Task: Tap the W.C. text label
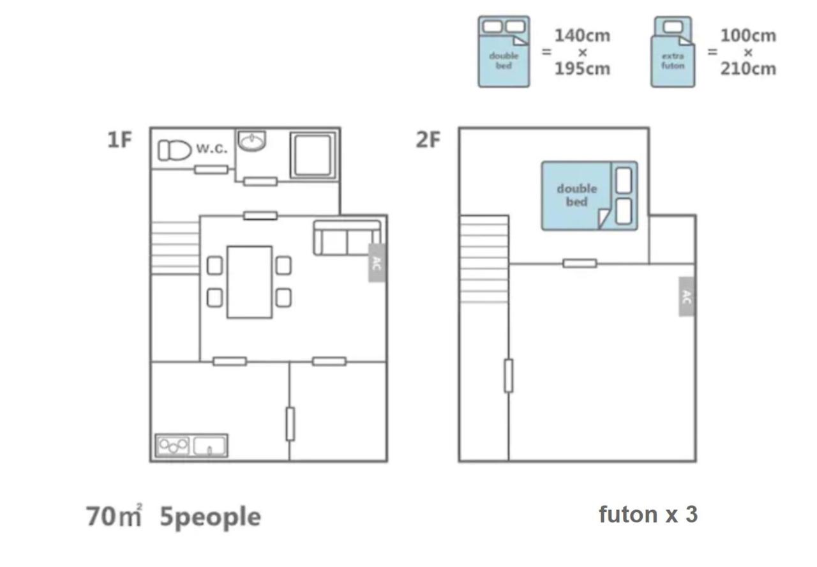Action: [x=211, y=149]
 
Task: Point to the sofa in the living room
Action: [x=347, y=238]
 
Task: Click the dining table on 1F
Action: [x=250, y=282]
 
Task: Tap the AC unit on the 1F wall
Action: [x=376, y=262]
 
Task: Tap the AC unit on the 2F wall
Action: [x=686, y=296]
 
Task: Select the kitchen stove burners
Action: [x=173, y=445]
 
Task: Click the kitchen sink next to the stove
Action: [x=210, y=445]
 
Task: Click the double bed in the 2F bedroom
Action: [x=589, y=195]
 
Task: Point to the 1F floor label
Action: [x=119, y=140]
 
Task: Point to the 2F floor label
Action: [x=428, y=140]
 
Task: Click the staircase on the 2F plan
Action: [x=484, y=259]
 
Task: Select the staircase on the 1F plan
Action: [x=176, y=248]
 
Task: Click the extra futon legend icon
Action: [x=673, y=52]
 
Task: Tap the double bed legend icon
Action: [x=504, y=52]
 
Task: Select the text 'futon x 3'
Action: [x=647, y=514]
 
